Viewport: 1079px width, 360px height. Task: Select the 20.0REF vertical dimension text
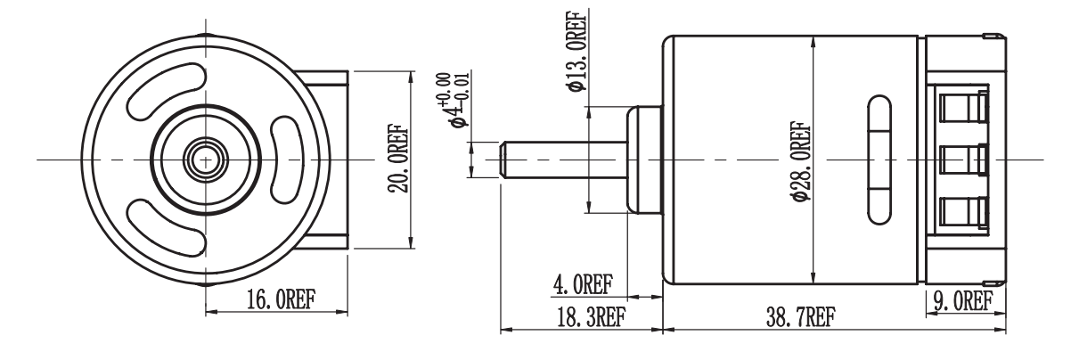(x=398, y=159)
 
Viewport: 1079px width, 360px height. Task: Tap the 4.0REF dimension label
(x=584, y=285)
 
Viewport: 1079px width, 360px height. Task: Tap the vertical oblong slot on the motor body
(x=878, y=160)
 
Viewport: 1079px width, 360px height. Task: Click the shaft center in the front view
(x=206, y=160)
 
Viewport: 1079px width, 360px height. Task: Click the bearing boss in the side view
(x=643, y=160)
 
